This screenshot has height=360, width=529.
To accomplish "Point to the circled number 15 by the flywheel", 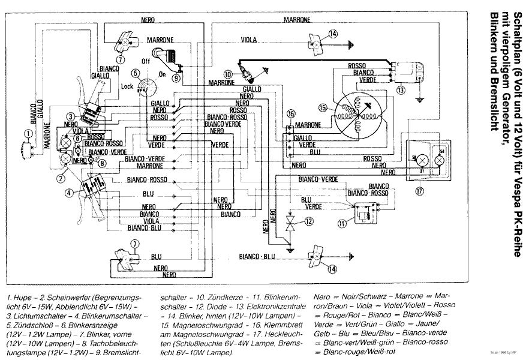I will coord(324,107).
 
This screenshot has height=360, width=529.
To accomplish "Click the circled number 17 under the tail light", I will coord(419,191).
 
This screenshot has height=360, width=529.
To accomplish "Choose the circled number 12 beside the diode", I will coord(308,221).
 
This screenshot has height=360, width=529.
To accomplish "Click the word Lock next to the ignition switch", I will coord(127,86).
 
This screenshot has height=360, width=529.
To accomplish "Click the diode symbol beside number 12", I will coord(290,225).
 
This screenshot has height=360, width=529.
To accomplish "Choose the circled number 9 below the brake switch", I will coord(176,77).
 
